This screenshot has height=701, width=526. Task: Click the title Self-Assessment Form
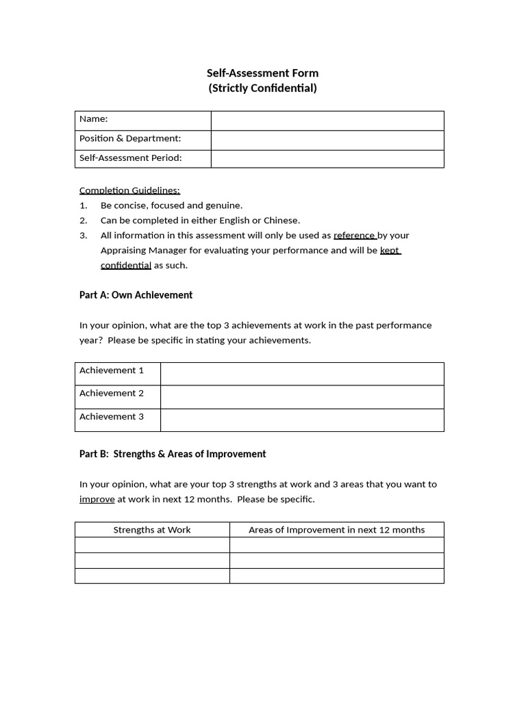coord(262,73)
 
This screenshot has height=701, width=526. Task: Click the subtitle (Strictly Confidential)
coord(262,88)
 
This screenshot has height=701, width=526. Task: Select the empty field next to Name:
coord(327,120)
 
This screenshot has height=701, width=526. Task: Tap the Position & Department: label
coord(130,139)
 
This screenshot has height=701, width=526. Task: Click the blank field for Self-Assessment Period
coord(327,159)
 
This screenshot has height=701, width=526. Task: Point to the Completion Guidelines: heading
coord(129,190)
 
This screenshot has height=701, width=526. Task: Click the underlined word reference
coord(354,235)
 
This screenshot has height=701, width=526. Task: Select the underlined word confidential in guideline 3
coord(125,266)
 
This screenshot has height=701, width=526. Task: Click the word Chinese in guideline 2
coord(282,220)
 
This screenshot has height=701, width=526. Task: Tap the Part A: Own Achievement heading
coord(136,295)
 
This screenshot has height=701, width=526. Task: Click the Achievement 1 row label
coord(112,370)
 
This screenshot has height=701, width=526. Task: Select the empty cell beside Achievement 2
coord(301,397)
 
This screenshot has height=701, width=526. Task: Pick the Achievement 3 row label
coord(112,417)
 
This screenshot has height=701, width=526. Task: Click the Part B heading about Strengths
coord(173,454)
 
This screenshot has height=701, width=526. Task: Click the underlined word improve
coord(97,500)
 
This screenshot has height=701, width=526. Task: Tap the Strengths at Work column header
coord(152,530)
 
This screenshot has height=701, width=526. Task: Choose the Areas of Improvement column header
coord(336,530)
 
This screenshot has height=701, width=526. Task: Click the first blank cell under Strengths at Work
coord(152,545)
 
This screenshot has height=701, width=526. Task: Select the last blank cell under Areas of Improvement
coord(336,576)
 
